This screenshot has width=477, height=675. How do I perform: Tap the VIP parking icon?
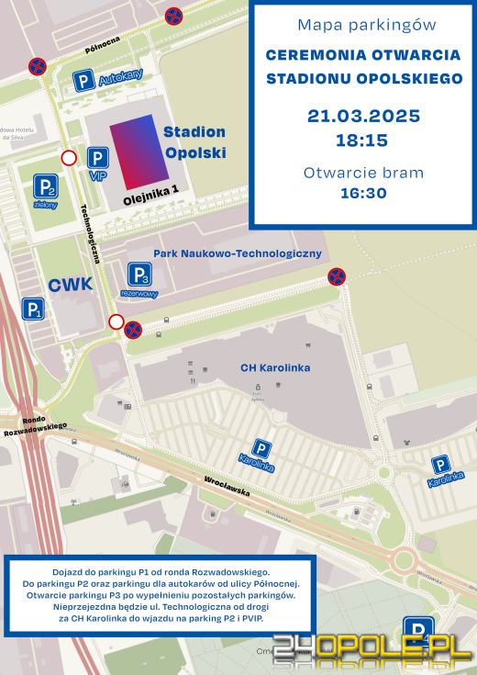pos(98,158)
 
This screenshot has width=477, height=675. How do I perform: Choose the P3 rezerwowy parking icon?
pos(139,275)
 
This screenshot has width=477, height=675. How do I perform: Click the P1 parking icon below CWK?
pos(33,309)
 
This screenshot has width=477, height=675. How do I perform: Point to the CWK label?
pos(70,285)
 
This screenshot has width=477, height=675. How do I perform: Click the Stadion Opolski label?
pos(194,142)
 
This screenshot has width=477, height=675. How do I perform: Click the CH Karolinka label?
pos(274,368)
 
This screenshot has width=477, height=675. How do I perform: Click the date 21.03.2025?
pos(363,117)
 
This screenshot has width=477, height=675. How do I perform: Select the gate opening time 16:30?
pos(363,193)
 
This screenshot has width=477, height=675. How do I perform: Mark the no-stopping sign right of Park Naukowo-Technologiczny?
pos(337,276)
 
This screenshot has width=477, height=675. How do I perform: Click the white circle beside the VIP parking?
pos(69,158)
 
